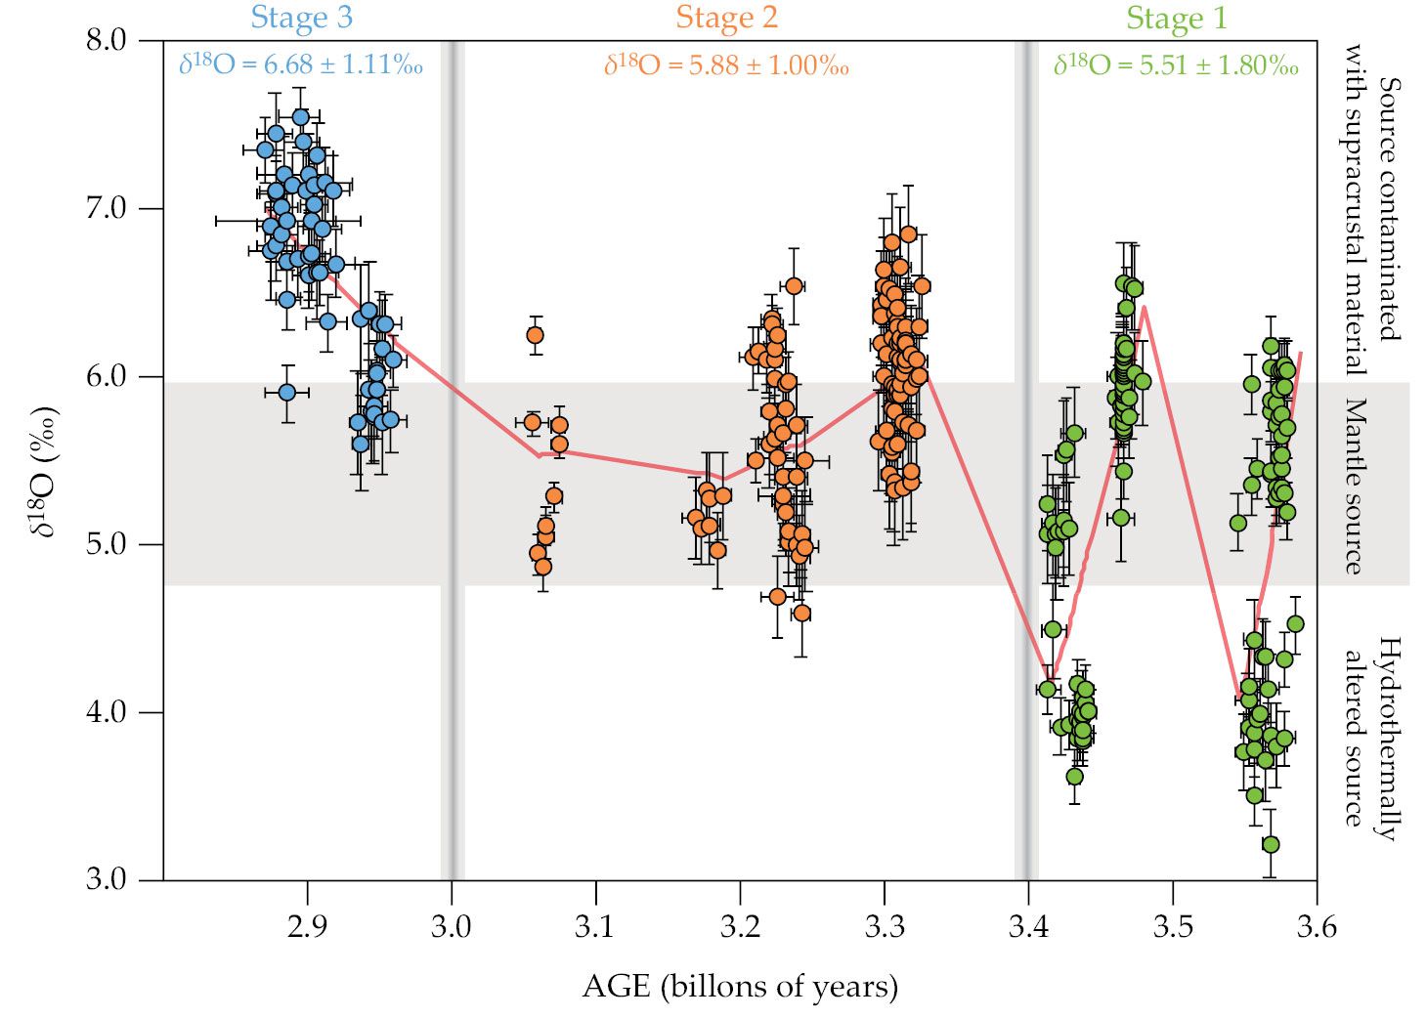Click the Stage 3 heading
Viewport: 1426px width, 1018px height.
[x=301, y=18]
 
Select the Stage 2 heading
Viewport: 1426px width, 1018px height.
[x=726, y=18]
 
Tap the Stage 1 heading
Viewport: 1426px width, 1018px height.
[x=1176, y=18]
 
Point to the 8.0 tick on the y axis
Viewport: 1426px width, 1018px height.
[x=107, y=40]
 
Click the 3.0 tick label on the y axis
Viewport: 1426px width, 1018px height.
[x=107, y=878]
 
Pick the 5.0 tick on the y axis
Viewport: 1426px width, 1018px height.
[x=107, y=543]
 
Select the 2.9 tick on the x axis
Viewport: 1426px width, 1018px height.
[x=307, y=925]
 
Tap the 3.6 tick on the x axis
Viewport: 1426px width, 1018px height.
[x=1316, y=925]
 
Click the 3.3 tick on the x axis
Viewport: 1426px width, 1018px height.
[x=884, y=925]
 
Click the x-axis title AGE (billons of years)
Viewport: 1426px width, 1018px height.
[x=740, y=986]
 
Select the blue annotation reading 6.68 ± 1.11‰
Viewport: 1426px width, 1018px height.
[x=301, y=64]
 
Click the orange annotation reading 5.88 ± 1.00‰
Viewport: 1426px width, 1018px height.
[x=726, y=65]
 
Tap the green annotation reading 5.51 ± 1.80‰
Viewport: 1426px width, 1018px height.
[x=1176, y=65]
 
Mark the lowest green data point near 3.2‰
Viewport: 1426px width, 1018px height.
[x=1271, y=844]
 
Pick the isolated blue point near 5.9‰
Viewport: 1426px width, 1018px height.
[x=286, y=392]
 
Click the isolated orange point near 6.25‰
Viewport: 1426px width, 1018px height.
[x=535, y=335]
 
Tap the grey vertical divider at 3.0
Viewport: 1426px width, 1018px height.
[x=452, y=459]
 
